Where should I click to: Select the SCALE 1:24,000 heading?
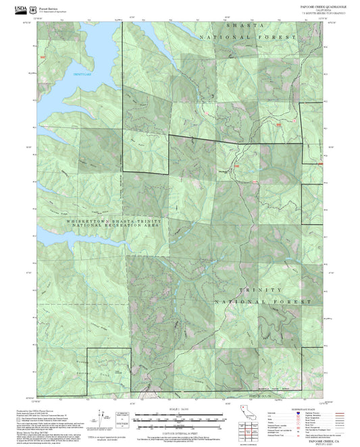tap(179, 409)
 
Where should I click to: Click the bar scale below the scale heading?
tap(179, 417)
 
